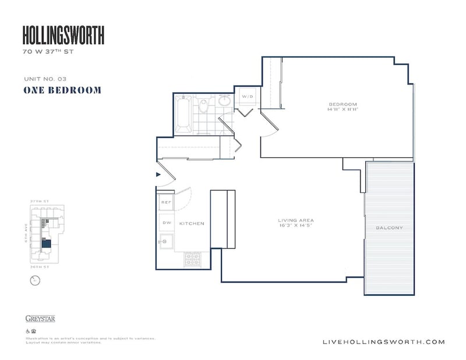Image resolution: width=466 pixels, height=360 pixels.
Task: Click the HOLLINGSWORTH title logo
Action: (x=63, y=36)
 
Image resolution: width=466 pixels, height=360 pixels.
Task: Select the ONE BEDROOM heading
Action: (x=62, y=90)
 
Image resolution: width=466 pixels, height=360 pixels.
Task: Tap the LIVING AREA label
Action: (x=296, y=220)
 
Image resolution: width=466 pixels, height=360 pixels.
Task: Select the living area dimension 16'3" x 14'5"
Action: (x=296, y=226)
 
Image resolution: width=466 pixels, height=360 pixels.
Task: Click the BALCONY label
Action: (x=389, y=228)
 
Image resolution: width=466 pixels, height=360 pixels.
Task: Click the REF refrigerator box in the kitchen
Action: (x=165, y=202)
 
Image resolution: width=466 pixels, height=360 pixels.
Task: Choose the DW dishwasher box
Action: (x=165, y=223)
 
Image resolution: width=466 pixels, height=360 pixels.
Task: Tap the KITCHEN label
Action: (x=192, y=224)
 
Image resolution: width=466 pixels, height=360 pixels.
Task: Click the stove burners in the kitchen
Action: (x=192, y=259)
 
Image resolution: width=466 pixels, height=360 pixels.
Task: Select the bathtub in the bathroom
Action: (x=182, y=114)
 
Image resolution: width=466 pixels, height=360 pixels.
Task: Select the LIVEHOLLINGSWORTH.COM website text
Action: (x=383, y=342)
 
